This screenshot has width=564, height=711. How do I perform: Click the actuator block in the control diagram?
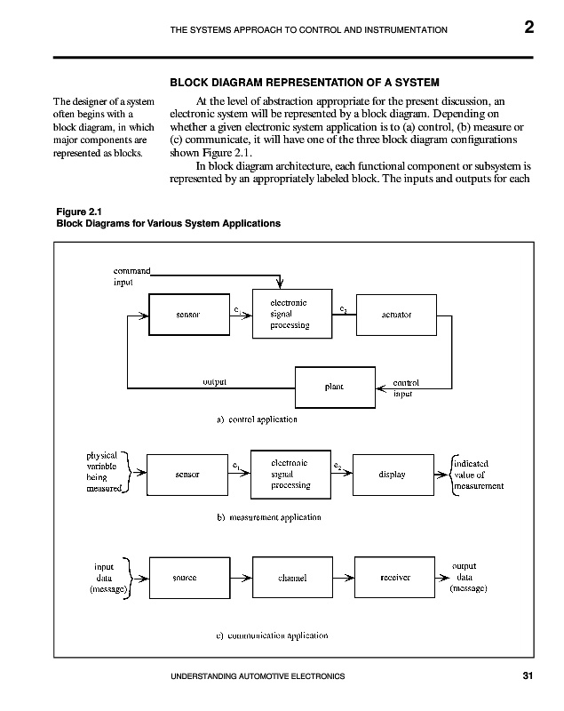point(397,315)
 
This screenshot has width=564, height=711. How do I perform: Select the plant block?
point(333,387)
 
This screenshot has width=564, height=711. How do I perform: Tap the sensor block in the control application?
point(187,315)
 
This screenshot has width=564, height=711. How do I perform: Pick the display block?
point(392,475)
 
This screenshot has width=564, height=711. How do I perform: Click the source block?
point(185,578)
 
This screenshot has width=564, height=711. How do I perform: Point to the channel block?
point(291,578)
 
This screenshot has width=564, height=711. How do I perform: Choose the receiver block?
point(393,578)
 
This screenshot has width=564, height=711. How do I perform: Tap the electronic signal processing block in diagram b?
point(290,475)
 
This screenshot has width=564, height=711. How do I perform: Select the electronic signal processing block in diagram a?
point(290,315)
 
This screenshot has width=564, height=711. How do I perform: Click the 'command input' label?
point(131,276)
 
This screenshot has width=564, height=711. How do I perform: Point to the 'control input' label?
point(408,388)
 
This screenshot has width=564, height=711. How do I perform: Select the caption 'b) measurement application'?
point(268,516)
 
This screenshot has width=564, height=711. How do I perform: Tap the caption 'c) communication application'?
point(272,635)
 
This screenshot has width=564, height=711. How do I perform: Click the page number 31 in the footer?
point(528,677)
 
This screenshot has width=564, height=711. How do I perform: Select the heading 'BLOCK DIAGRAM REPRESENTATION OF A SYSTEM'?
point(305,84)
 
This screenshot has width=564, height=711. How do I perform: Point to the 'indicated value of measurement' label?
point(479,475)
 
